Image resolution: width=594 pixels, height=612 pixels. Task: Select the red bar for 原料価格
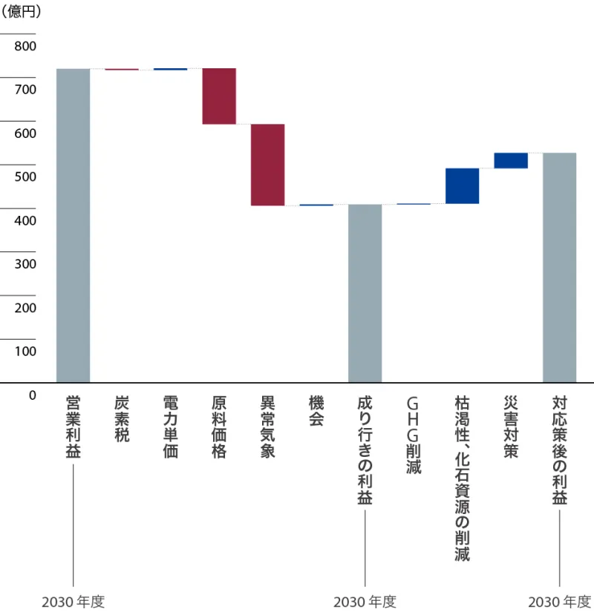219,96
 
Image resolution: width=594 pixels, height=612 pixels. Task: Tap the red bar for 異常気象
267,165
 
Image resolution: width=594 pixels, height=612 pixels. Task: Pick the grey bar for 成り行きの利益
365,293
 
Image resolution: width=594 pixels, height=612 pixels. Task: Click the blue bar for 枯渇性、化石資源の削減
462,185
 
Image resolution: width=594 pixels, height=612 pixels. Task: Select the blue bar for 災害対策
511,160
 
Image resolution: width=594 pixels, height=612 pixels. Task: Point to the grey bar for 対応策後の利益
559,268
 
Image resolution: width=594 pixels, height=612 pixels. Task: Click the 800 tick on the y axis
25,46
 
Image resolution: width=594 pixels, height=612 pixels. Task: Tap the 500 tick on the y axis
25,177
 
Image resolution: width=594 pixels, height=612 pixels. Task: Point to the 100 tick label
25,351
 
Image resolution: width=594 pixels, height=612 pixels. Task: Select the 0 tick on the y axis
32,395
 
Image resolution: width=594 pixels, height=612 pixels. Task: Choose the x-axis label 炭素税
122,419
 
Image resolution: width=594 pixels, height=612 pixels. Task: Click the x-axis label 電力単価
170,427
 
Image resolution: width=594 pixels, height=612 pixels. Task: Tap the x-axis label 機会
316,412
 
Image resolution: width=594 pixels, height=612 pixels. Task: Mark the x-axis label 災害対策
510,427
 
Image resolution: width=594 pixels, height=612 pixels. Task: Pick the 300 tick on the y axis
25,263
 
